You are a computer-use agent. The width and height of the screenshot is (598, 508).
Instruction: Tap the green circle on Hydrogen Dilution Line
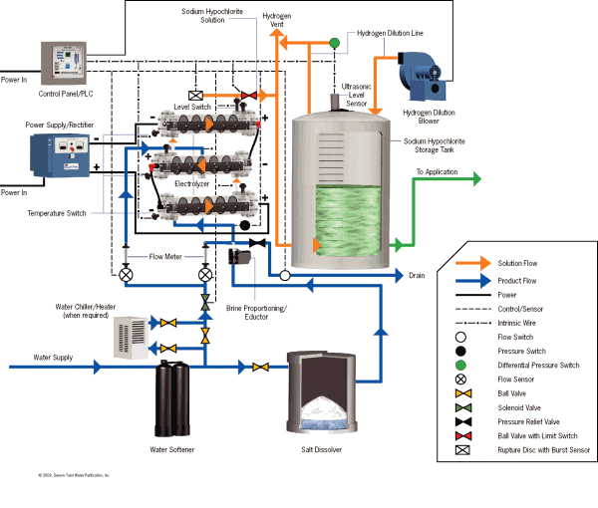click(x=335, y=42)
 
